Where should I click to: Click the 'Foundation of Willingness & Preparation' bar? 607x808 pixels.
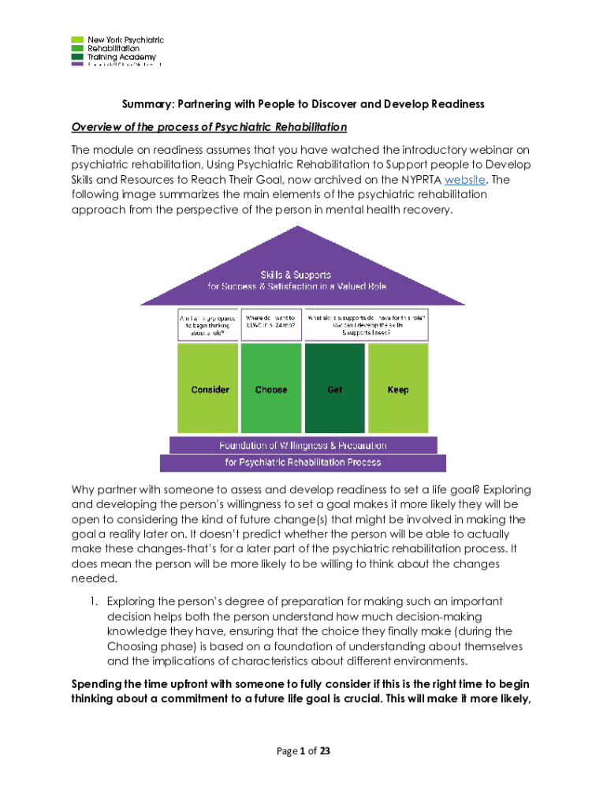pyautogui.click(x=303, y=444)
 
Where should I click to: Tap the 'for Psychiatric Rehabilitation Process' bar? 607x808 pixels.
pyautogui.click(x=303, y=462)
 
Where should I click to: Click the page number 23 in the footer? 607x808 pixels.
pyautogui.click(x=324, y=751)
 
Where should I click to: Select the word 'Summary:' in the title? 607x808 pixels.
pyautogui.click(x=147, y=104)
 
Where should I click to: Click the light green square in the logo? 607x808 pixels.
pyautogui.click(x=76, y=39)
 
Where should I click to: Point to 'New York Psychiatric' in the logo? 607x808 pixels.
pyautogui.click(x=125, y=39)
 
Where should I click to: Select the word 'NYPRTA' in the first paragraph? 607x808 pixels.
pyautogui.click(x=418, y=180)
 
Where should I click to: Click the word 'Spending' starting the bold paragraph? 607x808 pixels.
pyautogui.click(x=95, y=683)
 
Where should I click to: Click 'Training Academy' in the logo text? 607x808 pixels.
pyautogui.click(x=121, y=57)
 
